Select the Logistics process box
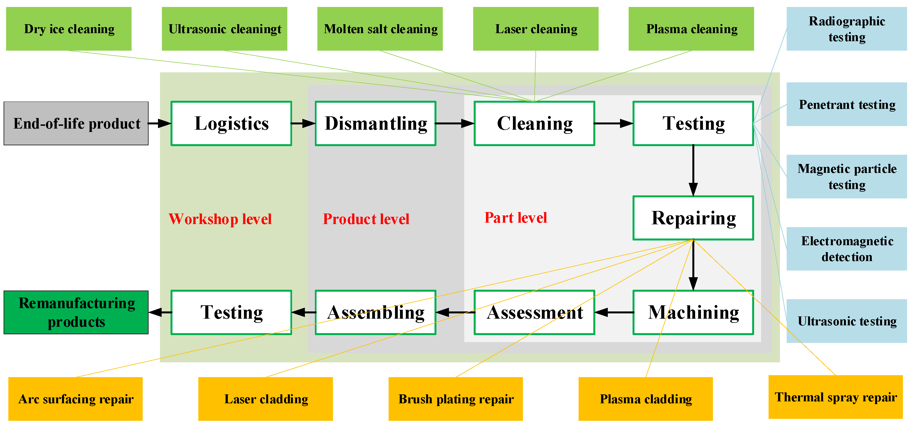click(x=231, y=123)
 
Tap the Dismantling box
click(x=376, y=123)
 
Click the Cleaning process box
click(x=534, y=123)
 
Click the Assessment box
click(x=534, y=312)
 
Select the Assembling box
click(x=376, y=312)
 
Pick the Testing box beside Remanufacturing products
click(x=231, y=312)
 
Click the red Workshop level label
click(x=220, y=219)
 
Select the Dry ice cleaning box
click(x=69, y=29)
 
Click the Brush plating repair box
click(x=456, y=399)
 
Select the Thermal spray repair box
click(x=835, y=397)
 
